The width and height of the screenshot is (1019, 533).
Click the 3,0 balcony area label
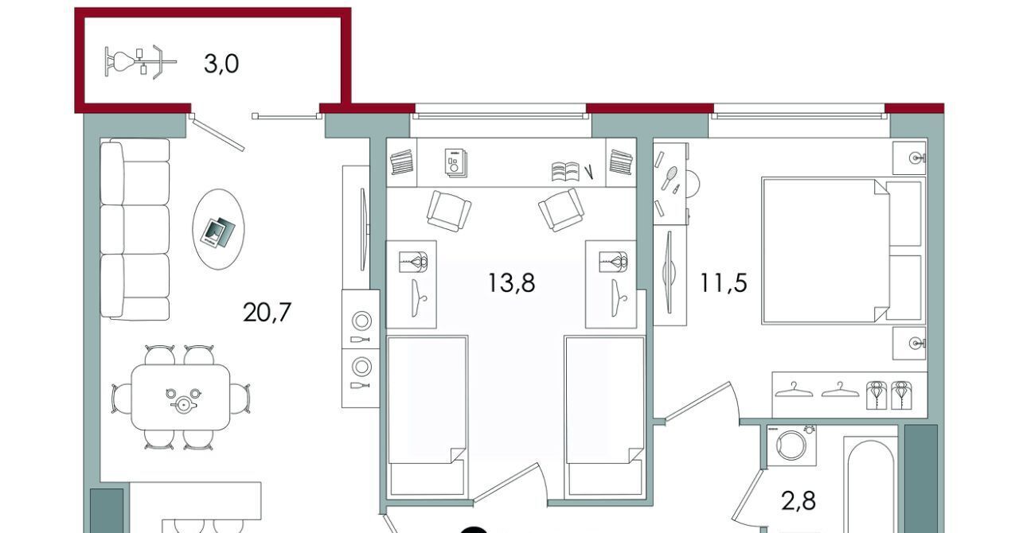pyautogui.click(x=221, y=64)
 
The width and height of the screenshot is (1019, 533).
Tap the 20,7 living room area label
pyautogui.click(x=267, y=313)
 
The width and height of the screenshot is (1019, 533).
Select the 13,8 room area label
pyautogui.click(x=511, y=282)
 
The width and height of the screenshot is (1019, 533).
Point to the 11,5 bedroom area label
pyautogui.click(x=724, y=282)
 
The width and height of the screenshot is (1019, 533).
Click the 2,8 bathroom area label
pyautogui.click(x=798, y=501)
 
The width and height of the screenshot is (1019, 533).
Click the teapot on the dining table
pyautogui.click(x=183, y=403)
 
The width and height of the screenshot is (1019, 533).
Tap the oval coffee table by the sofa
pyautogui.click(x=218, y=229)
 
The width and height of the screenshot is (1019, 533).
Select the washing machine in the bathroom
pyautogui.click(x=791, y=445)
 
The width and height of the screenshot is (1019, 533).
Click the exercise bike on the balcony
pyautogui.click(x=140, y=62)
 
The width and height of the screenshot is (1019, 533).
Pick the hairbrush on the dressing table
pyautogui.click(x=670, y=178)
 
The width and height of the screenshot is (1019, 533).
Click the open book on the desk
pyautogui.click(x=565, y=172)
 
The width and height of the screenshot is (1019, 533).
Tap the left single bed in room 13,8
pyautogui.click(x=428, y=417)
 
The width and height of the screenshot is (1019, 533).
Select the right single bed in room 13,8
pyautogui.click(x=604, y=417)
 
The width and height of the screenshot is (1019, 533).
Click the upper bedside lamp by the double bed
pyautogui.click(x=910, y=158)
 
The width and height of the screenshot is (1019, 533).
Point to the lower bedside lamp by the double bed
pyautogui.click(x=910, y=343)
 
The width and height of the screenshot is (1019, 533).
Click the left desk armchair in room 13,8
pyautogui.click(x=449, y=211)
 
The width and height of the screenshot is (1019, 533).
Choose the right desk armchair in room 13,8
pyautogui.click(x=561, y=210)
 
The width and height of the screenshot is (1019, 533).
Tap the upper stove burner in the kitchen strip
pyautogui.click(x=361, y=320)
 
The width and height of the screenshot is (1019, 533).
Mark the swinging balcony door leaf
pyautogui.click(x=218, y=134)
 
